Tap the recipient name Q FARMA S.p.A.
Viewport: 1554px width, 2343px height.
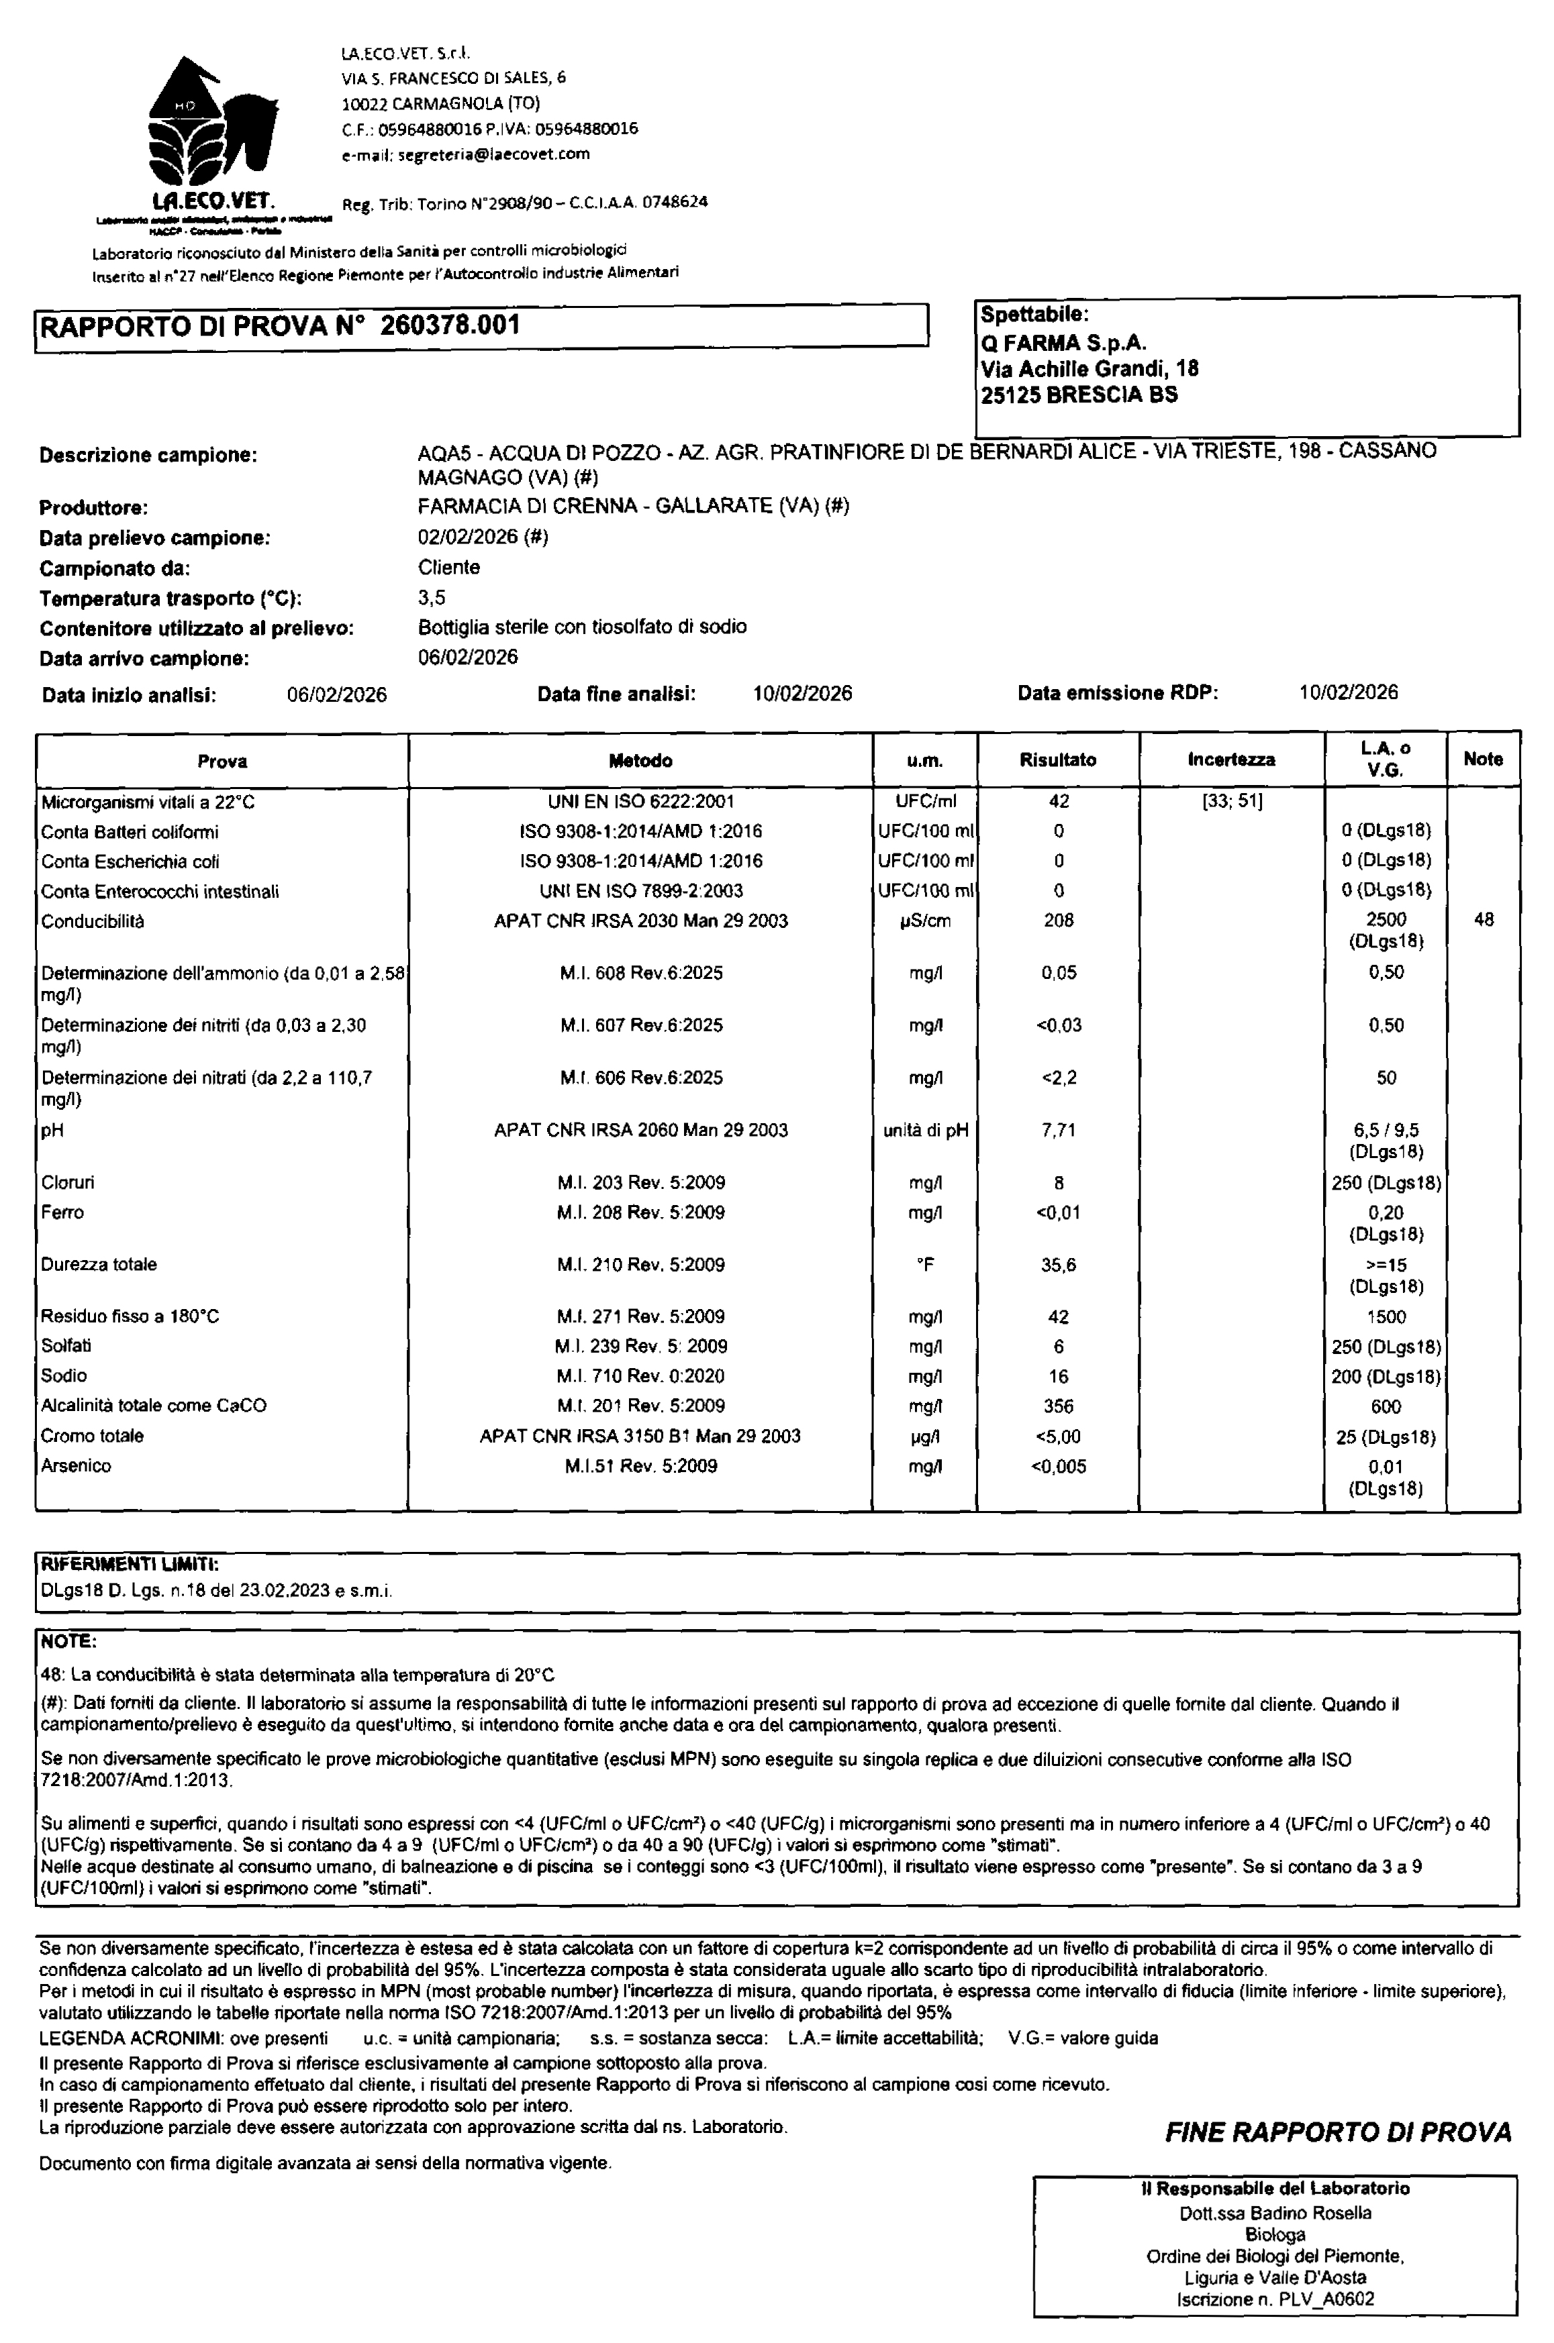click(1063, 343)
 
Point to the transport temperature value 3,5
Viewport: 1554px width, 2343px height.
click(432, 597)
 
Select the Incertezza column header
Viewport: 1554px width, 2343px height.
click(1231, 760)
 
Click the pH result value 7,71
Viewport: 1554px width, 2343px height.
click(1059, 1129)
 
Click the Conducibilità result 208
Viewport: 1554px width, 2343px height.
click(1059, 921)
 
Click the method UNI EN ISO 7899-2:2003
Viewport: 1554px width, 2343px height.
click(640, 890)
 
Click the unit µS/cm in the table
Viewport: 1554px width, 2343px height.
click(924, 921)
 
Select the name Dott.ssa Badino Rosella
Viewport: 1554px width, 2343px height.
click(1275, 2212)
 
